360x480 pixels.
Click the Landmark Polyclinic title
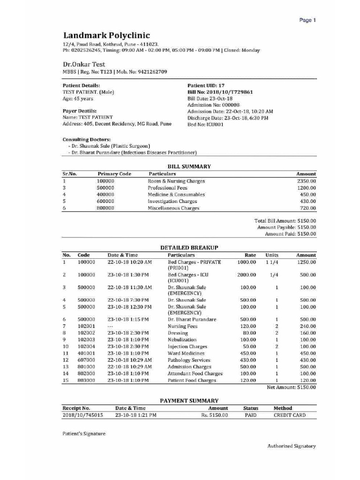tap(106, 36)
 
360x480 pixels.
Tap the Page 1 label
tap(308, 20)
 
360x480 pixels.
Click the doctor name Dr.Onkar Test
tap(84, 64)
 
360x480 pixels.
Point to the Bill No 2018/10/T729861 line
tap(220, 92)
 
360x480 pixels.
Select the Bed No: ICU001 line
tap(205, 124)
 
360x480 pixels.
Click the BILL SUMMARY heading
tap(189, 166)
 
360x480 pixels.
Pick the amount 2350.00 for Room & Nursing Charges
tap(306, 181)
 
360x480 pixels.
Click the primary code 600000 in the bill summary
tap(105, 201)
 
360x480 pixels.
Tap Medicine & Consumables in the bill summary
tap(176, 195)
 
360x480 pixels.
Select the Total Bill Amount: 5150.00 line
tap(285, 220)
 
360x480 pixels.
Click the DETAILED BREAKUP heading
tap(189, 247)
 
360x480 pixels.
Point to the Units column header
tap(272, 255)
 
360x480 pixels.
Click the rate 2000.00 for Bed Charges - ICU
tap(247, 275)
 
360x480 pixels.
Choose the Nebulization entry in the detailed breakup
tap(182, 339)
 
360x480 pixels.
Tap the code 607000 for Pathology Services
tap(86, 360)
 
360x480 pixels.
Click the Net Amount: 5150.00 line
tap(291, 387)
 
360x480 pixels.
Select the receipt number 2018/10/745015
tap(82, 415)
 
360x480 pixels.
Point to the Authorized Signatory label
tap(291, 446)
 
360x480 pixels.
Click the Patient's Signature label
tap(84, 434)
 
